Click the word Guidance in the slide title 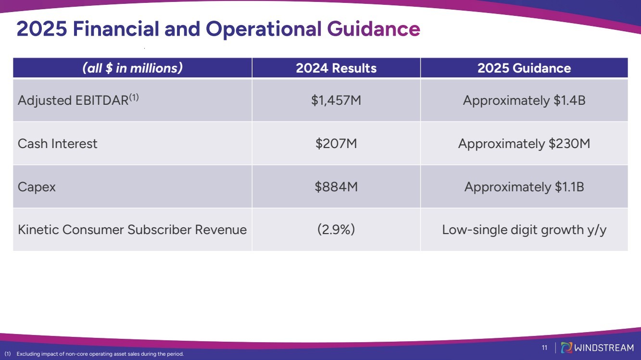pyautogui.click(x=374, y=29)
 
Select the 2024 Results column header pyautogui.click(x=336, y=68)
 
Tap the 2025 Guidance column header pyautogui.click(x=524, y=68)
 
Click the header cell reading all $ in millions pyautogui.click(x=132, y=68)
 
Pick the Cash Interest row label pyautogui.click(x=57, y=144)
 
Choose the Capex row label pyautogui.click(x=37, y=186)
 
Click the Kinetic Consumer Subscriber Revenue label pyautogui.click(x=132, y=230)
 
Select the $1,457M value pyautogui.click(x=336, y=100)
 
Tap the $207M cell pyautogui.click(x=336, y=144)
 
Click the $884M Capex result pyautogui.click(x=336, y=186)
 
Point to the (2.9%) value pyautogui.click(x=336, y=230)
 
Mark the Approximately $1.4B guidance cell pyautogui.click(x=524, y=100)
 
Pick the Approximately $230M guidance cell pyautogui.click(x=524, y=144)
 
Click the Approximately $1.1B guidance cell pyautogui.click(x=524, y=186)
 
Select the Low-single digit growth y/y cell pyautogui.click(x=524, y=230)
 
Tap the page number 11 pyautogui.click(x=545, y=348)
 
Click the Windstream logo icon pyautogui.click(x=566, y=348)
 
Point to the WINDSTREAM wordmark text pyautogui.click(x=604, y=348)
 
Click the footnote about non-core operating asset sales pyautogui.click(x=96, y=354)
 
